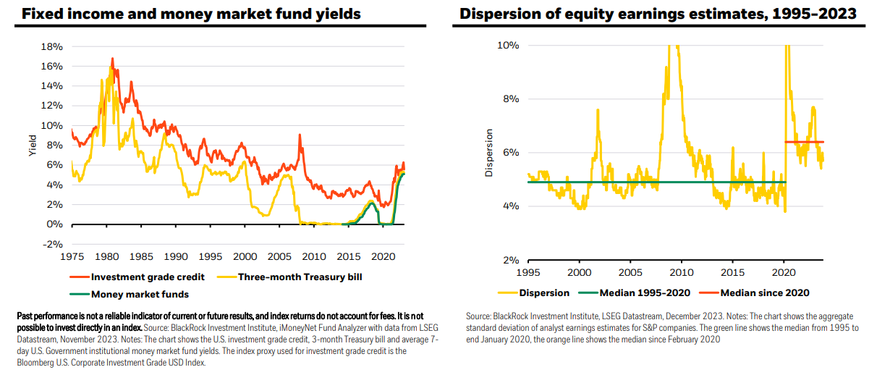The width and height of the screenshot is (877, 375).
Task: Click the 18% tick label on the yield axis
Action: (51, 46)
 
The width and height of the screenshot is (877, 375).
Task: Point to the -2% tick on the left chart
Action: (53, 244)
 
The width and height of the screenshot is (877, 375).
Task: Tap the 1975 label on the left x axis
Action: (72, 257)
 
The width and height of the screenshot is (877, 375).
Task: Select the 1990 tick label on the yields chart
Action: (176, 257)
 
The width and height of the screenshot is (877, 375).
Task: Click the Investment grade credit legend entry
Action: (137, 277)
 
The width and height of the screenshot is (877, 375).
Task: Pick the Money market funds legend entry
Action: (130, 294)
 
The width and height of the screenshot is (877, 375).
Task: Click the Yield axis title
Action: (33, 146)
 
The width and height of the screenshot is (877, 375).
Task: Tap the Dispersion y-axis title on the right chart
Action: (489, 153)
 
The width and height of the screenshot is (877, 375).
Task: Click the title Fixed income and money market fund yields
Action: (191, 14)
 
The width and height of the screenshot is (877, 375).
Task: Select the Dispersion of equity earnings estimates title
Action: (658, 14)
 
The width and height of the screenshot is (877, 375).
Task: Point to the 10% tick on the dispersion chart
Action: (508, 46)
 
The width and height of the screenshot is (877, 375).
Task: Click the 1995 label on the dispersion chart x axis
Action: (528, 272)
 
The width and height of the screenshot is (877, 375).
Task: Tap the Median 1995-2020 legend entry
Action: (635, 292)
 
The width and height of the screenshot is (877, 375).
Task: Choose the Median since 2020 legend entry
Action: (755, 292)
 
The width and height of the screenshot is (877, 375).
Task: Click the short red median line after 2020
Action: (804, 142)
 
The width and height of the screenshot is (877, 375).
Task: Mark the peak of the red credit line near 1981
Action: (112, 59)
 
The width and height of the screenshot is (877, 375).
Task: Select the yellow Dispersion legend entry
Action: (533, 292)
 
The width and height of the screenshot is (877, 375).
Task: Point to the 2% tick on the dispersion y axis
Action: (512, 260)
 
